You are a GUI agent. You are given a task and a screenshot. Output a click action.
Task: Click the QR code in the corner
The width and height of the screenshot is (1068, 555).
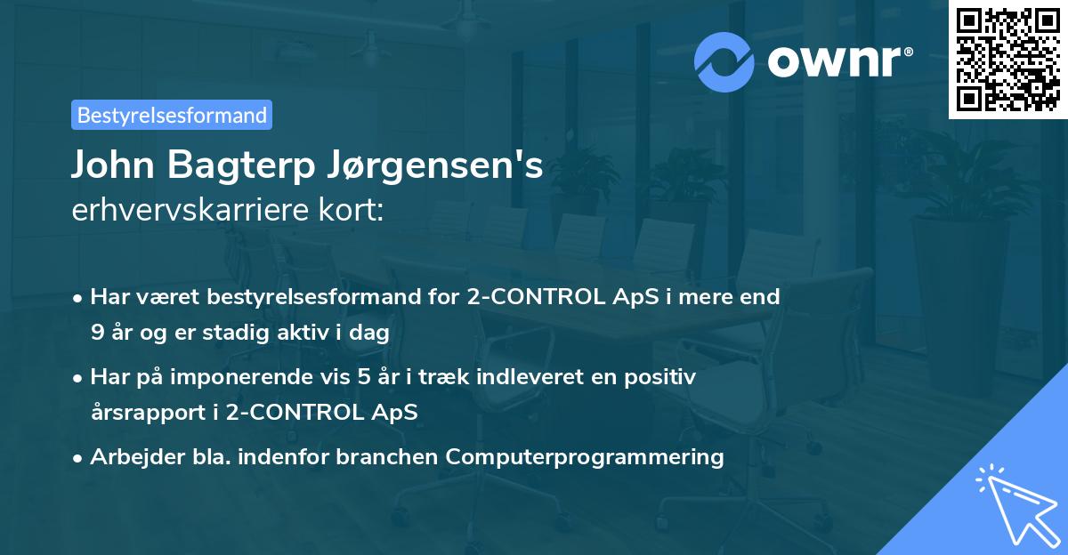pos(1007,60)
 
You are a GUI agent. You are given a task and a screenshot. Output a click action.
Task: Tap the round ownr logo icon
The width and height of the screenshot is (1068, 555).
pos(724,61)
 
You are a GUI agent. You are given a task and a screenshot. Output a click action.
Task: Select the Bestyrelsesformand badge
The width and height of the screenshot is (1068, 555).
pos(172,115)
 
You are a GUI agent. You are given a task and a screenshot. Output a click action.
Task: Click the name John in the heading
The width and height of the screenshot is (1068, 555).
pos(111,165)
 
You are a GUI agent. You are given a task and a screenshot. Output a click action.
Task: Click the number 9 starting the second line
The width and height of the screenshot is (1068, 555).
pos(96,333)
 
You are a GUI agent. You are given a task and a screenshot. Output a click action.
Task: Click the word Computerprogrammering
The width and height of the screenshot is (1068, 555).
pos(585,457)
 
